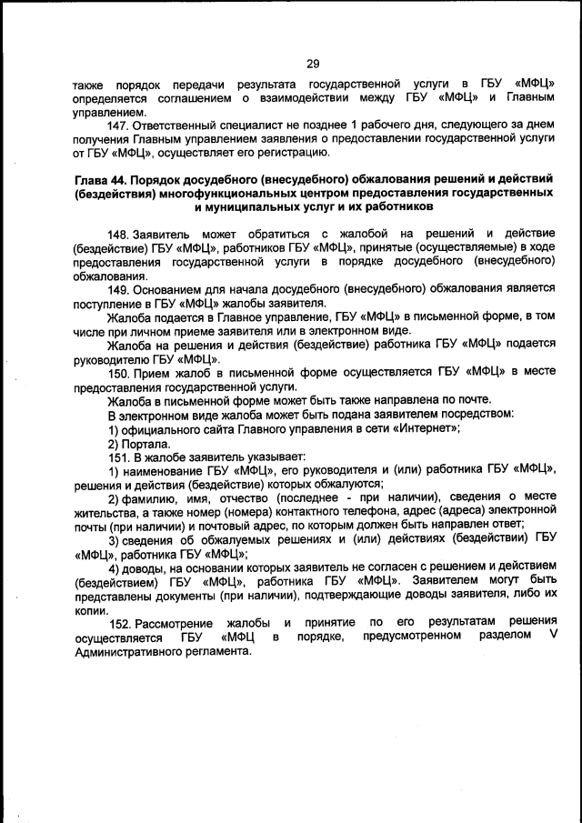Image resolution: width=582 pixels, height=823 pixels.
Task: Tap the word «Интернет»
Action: [419, 428]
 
